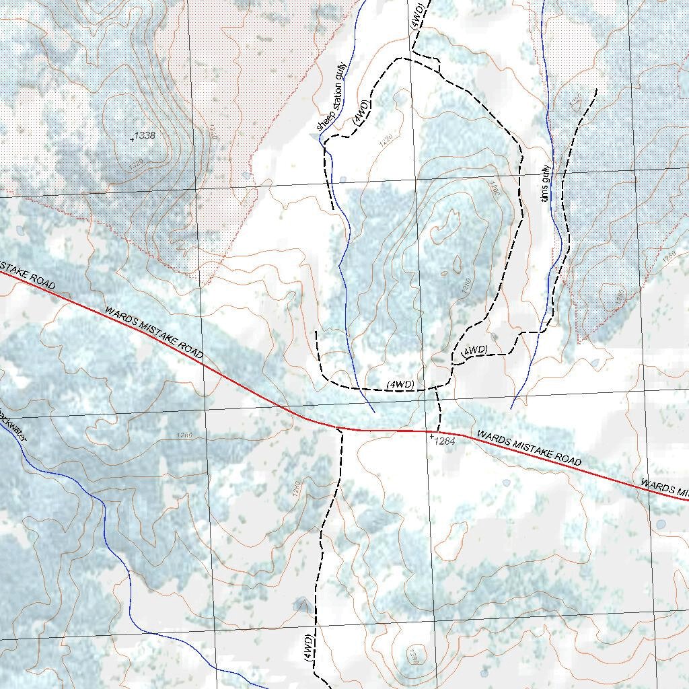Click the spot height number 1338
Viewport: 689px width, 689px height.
tap(145, 136)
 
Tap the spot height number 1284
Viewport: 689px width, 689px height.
tap(445, 441)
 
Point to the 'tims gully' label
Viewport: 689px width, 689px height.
tap(546, 184)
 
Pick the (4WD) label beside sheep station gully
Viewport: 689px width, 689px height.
tap(361, 112)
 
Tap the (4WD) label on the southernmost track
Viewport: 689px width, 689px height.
tap(307, 647)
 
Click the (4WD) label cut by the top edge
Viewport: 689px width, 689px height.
tap(416, 15)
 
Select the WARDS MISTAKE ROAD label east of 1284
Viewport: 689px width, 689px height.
tap(529, 448)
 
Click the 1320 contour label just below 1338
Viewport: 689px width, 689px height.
tap(135, 164)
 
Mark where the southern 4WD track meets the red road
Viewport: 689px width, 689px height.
tap(340, 429)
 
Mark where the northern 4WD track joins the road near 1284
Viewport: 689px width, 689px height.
tap(438, 431)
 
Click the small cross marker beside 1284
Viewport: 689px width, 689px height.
tap(431, 437)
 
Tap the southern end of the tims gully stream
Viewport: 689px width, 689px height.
tap(511, 408)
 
